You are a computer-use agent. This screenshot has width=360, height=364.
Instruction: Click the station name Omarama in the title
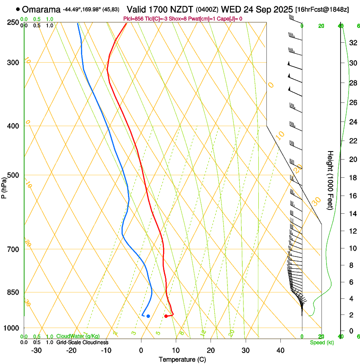[x=41, y=9]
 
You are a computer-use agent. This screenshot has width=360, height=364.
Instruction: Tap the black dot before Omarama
[x=17, y=9]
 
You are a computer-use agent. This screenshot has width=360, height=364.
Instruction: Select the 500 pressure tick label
[x=12, y=175]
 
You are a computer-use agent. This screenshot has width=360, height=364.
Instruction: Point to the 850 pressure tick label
[x=12, y=292]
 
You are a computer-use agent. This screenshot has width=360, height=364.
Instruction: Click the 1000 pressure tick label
[x=11, y=328]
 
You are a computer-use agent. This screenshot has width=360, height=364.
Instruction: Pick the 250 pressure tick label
[x=12, y=22]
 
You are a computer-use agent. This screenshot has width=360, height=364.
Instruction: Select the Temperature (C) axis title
[x=182, y=359]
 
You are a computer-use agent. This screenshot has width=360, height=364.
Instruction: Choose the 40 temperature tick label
[x=280, y=350]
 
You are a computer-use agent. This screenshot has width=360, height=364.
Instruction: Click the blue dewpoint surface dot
[x=148, y=316]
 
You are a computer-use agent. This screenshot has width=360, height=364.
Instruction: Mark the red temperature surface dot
[x=166, y=316]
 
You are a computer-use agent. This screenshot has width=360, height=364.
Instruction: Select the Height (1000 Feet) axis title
[x=330, y=180]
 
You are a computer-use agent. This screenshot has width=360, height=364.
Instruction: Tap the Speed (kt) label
[x=322, y=342]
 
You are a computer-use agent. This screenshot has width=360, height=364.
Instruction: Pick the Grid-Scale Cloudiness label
[x=82, y=342]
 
